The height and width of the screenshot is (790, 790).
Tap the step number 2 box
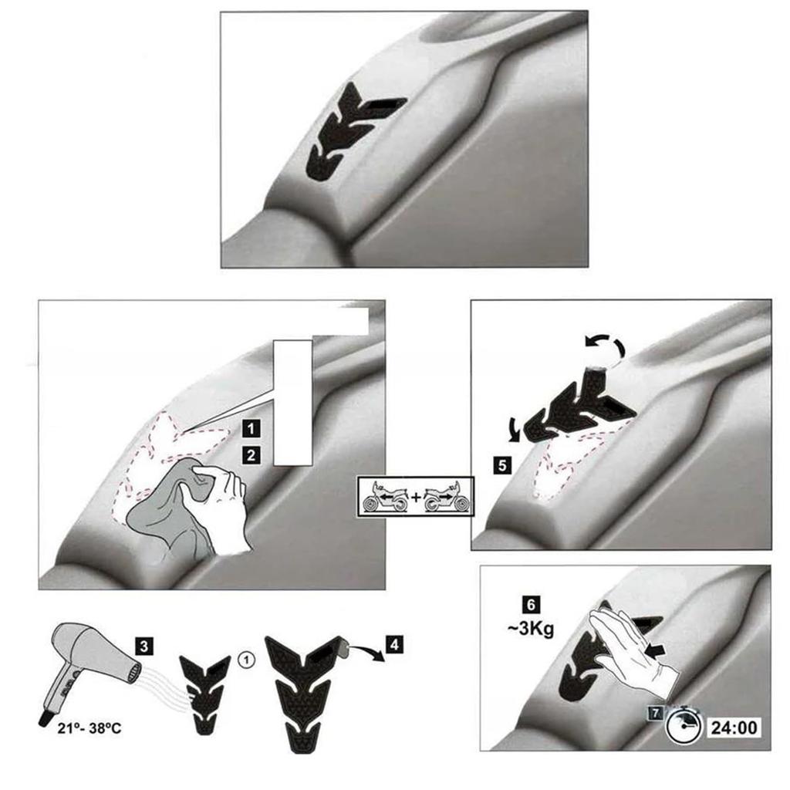click(x=249, y=455)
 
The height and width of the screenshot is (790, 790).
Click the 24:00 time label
click(x=734, y=727)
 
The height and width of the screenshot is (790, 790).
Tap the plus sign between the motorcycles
click(x=416, y=498)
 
